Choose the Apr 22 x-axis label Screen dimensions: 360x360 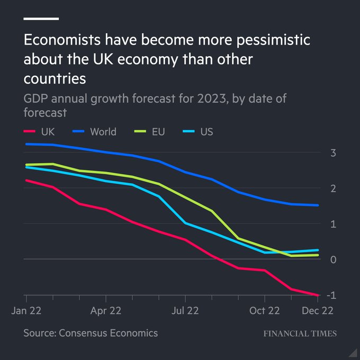click(105, 311)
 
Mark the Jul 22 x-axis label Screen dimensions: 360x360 click(185, 311)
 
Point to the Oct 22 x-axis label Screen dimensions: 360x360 click(265, 311)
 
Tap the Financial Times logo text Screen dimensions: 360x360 click(300, 334)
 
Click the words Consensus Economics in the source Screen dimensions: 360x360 click(108, 333)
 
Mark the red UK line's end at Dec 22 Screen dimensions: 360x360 click(318, 295)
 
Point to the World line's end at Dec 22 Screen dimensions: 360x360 click(318, 205)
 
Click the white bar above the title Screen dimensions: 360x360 click(41, 19)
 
